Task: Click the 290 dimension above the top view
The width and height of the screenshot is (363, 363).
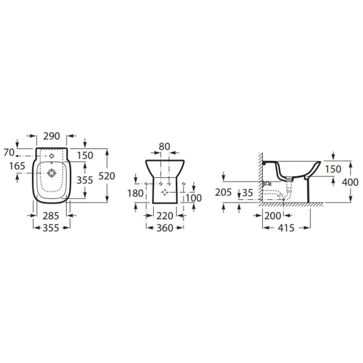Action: [x=51, y=136]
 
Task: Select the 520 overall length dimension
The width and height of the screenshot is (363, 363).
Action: [x=106, y=176]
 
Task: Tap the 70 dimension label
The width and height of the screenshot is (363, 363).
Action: [x=9, y=152]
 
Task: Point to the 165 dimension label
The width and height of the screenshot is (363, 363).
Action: [x=17, y=166]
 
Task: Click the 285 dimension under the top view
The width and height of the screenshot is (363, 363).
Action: [x=51, y=216]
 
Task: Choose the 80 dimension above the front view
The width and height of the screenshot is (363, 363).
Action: [x=165, y=146]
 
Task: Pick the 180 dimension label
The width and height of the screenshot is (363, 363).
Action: [x=136, y=193]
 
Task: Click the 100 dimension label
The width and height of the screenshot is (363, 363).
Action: [x=194, y=198]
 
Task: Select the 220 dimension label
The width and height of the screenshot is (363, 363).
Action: [x=165, y=216]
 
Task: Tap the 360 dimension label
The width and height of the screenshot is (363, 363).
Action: [x=165, y=228]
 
